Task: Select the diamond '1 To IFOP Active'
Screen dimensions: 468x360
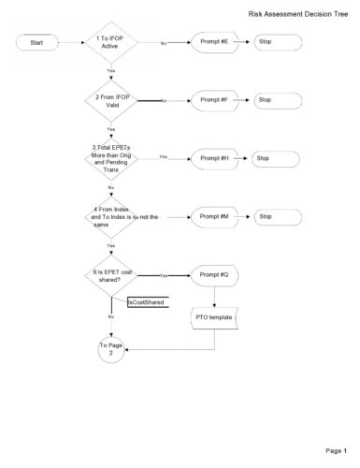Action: [111, 43]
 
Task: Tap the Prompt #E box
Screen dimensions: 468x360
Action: [213, 43]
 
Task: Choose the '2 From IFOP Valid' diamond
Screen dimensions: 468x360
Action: [111, 100]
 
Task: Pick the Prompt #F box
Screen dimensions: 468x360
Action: [213, 100]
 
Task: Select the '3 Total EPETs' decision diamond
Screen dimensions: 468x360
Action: [111, 158]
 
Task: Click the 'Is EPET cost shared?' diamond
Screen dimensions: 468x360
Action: [111, 275]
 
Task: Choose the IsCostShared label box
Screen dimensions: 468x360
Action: [147, 302]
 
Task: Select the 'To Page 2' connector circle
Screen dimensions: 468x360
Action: [111, 349]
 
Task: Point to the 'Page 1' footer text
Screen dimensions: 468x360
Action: [337, 450]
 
